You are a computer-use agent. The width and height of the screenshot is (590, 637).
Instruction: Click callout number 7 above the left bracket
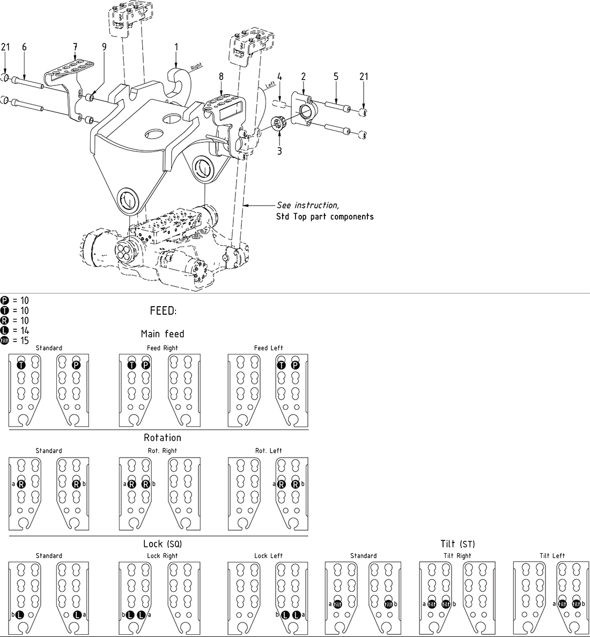pyautogui.click(x=75, y=47)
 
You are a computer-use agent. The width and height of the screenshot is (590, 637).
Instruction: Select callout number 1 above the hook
pyautogui.click(x=176, y=47)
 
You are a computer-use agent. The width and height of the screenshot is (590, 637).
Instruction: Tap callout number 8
pyautogui.click(x=221, y=77)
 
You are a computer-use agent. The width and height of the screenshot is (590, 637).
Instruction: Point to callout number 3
pyautogui.click(x=279, y=151)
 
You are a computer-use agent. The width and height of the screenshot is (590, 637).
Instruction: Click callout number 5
pyautogui.click(x=336, y=77)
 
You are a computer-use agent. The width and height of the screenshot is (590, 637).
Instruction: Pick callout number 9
pyautogui.click(x=24, y=47)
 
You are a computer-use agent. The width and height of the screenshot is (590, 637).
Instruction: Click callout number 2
pyautogui.click(x=304, y=77)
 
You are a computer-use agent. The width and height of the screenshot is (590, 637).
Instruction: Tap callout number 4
pyautogui.click(x=279, y=77)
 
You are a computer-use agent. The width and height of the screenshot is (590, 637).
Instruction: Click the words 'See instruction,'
pyautogui.click(x=308, y=206)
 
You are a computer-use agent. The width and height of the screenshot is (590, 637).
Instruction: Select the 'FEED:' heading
pyautogui.click(x=164, y=312)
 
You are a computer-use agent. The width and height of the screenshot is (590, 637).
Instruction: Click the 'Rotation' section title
pyautogui.click(x=163, y=438)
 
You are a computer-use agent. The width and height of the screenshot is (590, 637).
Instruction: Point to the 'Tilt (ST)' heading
pyautogui.click(x=458, y=545)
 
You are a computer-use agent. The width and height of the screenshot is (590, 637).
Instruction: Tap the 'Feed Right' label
pyautogui.click(x=162, y=348)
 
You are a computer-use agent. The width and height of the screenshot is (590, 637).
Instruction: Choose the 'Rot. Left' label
pyautogui.click(x=268, y=451)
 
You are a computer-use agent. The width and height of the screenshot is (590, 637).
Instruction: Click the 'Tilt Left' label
pyautogui.click(x=552, y=556)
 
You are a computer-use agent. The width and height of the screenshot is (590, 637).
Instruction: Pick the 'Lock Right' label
pyautogui.click(x=162, y=556)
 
